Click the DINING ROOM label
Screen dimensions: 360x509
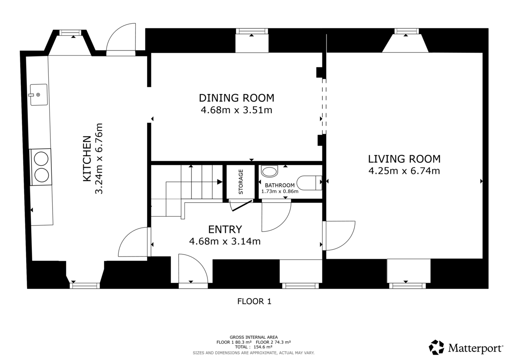point(236,98)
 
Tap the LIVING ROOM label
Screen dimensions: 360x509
point(404,159)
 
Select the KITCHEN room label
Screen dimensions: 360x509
point(87,159)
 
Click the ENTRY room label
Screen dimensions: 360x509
point(225,229)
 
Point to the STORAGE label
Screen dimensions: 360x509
point(241,182)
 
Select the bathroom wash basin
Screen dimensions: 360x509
point(268,172)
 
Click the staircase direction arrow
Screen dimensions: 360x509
point(218,182)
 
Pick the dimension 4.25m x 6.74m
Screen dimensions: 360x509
point(404,171)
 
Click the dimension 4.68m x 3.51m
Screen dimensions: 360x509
point(236,111)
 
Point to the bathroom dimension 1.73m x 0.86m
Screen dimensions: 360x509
point(280,191)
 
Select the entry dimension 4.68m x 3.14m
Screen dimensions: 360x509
point(225,242)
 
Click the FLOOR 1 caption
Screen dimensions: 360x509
point(254,301)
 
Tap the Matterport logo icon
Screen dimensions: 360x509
point(436,347)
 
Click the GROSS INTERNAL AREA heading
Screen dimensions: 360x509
point(254,337)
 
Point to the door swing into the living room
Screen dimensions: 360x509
point(339,235)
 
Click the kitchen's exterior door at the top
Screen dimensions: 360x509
point(121,40)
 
